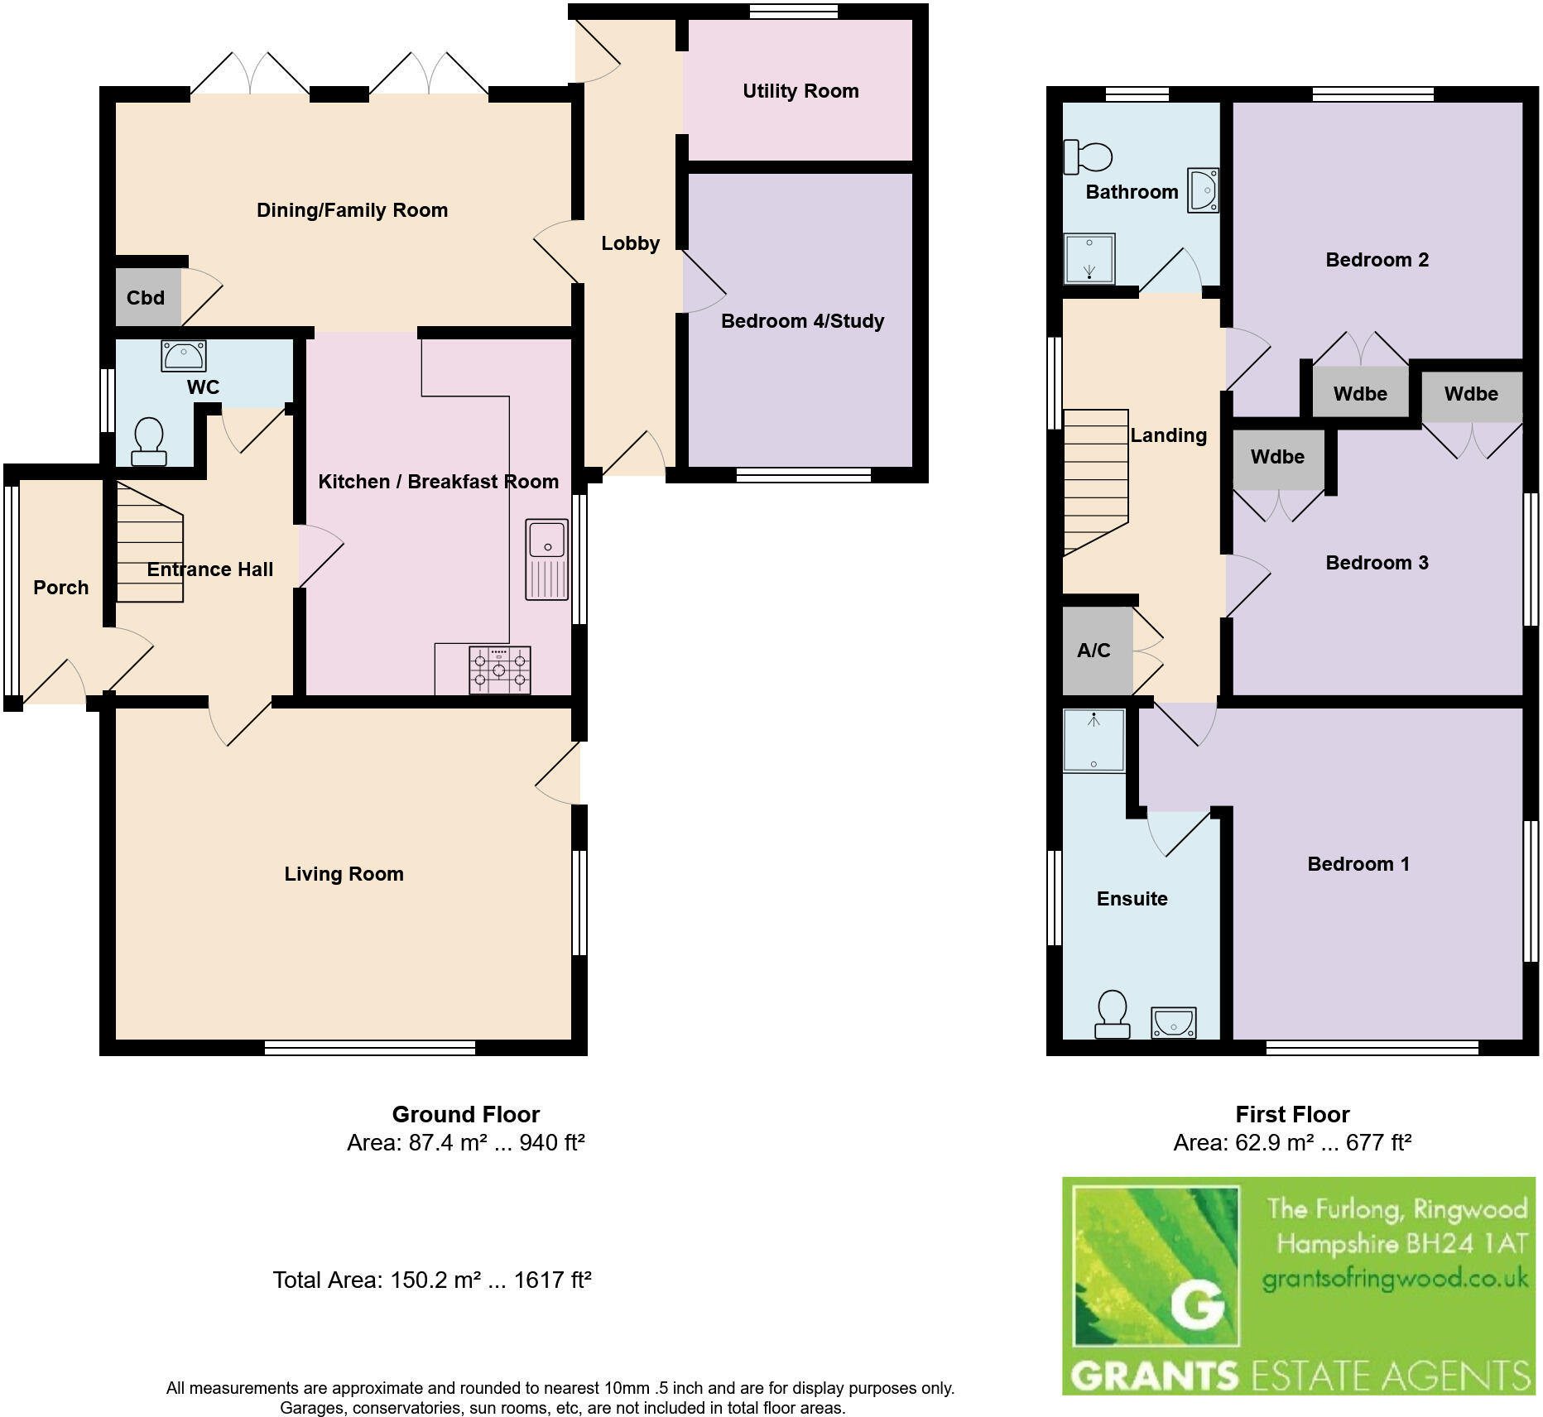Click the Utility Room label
(800, 91)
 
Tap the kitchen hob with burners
(499, 670)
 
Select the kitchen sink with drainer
(546, 559)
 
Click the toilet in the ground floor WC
(149, 442)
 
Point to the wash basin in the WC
(183, 356)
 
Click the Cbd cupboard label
(146, 298)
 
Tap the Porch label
(60, 588)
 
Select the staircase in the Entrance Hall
(149, 542)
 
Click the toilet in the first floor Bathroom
(1088, 157)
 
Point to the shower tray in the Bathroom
(1089, 257)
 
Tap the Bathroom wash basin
(1203, 190)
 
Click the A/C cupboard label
(1094, 651)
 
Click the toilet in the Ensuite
(1112, 1015)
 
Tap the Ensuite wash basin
(1173, 1023)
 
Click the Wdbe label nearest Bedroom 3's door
(1277, 457)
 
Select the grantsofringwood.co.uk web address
(1395, 1280)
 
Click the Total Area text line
(432, 1280)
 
